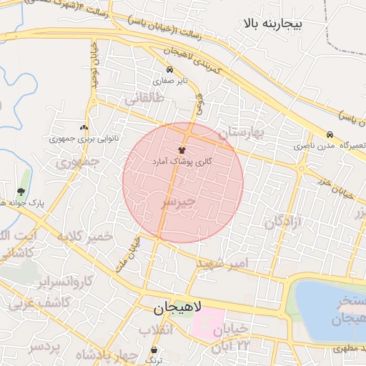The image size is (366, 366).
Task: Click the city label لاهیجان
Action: tap(177, 308)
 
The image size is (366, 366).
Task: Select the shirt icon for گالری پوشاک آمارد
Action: tap(182, 151)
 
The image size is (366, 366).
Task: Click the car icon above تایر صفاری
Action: tap(169, 70)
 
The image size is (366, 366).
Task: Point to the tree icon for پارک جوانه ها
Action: tap(20, 192)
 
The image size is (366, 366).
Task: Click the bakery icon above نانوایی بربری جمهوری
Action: tap(84, 127)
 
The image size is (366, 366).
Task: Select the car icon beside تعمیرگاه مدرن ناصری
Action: tap(330, 134)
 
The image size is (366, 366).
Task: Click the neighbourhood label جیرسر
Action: tap(177, 204)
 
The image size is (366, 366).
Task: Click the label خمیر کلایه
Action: tap(85, 236)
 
